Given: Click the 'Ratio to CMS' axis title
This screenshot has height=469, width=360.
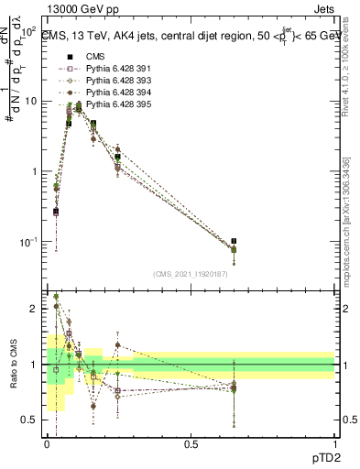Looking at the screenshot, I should coord(13,365).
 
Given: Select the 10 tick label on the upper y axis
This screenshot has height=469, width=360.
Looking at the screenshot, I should coord(31,102).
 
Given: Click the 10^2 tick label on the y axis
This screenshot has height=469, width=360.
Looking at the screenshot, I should coord(29,30).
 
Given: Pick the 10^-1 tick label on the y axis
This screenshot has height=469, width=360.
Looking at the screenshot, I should coord(28,242).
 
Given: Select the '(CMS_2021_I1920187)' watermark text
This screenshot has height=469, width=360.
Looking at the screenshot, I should coord(191,274).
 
